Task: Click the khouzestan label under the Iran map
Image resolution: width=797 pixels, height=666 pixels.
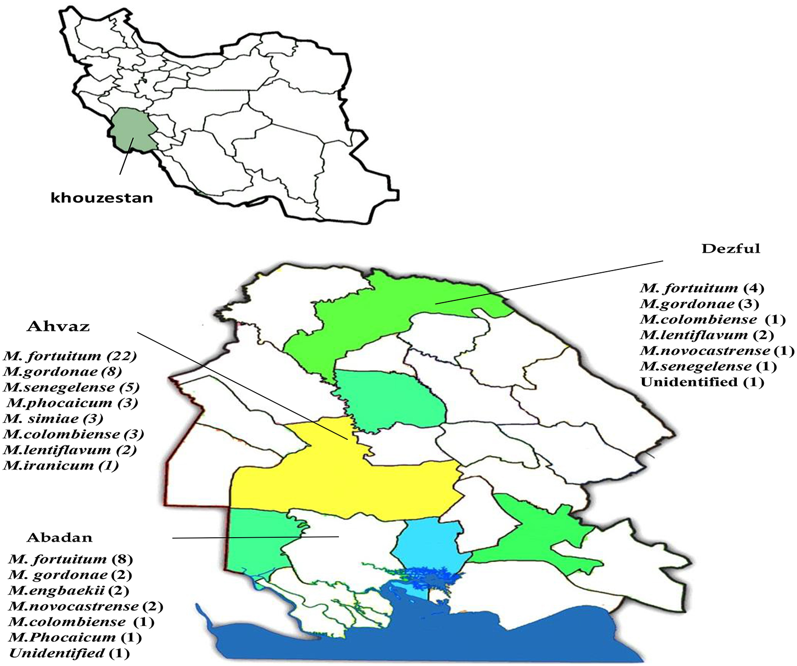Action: coord(102,197)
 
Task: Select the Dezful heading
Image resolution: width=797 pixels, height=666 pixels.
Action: coord(730,249)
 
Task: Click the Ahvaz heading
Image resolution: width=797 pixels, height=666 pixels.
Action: coord(58,327)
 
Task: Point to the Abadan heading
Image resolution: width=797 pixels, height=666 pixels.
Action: coord(60,537)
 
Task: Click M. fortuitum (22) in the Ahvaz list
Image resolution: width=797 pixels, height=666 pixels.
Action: coord(70,356)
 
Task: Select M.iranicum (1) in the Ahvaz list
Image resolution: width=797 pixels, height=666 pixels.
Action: coord(61,465)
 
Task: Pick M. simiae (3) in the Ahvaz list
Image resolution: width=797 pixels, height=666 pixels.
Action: coord(53,418)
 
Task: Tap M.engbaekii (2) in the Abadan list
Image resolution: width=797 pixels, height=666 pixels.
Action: coord(69,591)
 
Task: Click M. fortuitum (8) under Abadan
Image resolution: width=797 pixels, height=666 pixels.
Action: coord(70,559)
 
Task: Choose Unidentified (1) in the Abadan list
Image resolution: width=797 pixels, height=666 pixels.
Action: coord(69,653)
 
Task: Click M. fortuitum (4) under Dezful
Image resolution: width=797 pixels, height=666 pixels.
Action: coord(702,288)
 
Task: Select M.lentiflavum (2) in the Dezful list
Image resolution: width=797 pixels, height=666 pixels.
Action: coord(707,335)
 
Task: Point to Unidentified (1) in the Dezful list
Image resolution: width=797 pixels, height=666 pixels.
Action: coord(702,382)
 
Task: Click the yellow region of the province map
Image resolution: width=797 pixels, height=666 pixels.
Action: coord(337,478)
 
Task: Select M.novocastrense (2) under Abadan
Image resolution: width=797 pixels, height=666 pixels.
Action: coord(85,606)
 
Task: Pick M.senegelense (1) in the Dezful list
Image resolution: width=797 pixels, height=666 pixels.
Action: coord(708,367)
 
